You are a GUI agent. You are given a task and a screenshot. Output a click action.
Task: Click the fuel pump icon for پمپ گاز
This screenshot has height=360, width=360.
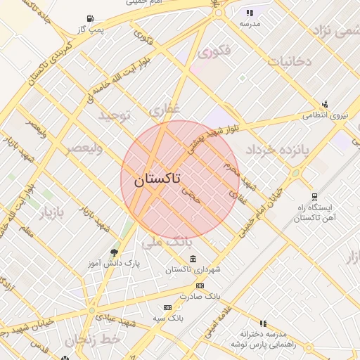89,19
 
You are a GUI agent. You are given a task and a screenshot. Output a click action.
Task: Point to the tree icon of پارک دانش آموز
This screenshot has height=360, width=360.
115,252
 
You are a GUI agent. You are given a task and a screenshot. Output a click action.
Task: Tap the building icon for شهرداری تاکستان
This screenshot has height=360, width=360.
193,259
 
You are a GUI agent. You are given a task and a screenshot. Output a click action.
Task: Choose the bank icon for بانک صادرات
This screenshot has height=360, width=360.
200,285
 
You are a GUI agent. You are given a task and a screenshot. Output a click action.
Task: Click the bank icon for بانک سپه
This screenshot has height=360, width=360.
167,307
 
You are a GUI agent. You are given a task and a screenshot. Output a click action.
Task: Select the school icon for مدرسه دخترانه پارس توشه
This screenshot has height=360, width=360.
264,323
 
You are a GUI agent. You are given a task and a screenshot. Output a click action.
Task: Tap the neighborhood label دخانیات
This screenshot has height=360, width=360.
289,61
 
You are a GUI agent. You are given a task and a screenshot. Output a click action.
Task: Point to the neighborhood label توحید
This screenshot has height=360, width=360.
115,115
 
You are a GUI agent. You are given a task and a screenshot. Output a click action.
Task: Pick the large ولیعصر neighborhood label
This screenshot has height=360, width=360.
84,148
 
